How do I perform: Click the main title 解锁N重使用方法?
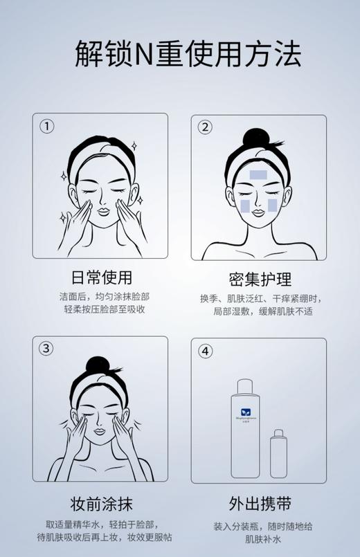tap(179, 53)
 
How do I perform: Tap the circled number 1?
tap(46, 127)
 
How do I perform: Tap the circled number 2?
tap(205, 127)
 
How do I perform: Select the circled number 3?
tap(46, 349)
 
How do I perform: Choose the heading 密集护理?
tap(260, 278)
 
